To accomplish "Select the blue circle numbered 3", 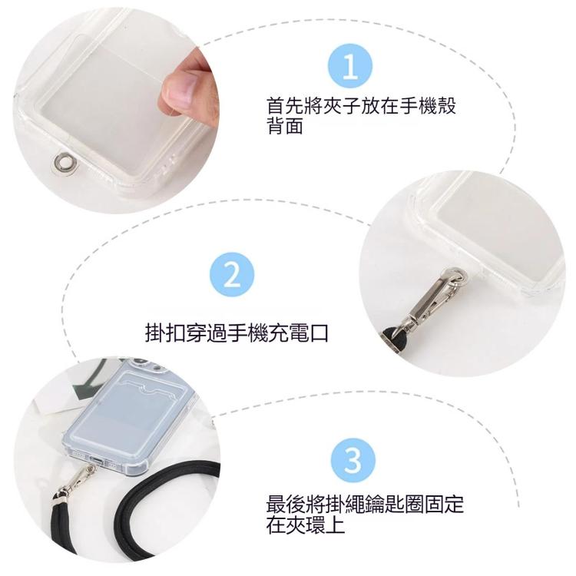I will [x=352, y=461].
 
